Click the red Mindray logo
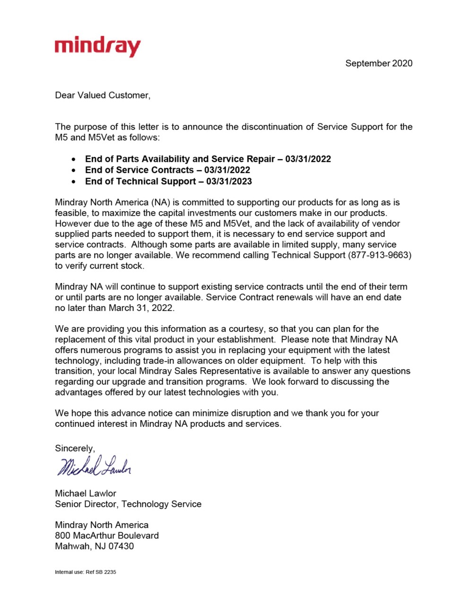point(97,46)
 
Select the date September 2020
point(379,63)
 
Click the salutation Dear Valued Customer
point(102,95)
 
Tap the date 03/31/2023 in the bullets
point(229,181)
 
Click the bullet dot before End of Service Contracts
point(74,171)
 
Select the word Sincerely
point(75,449)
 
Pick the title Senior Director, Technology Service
point(128,504)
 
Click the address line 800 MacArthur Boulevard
point(107,536)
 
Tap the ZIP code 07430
point(121,546)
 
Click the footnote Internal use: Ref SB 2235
point(86,572)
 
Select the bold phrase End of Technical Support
point(140,181)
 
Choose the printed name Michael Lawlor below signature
point(86,493)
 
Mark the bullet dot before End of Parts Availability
point(74,160)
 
